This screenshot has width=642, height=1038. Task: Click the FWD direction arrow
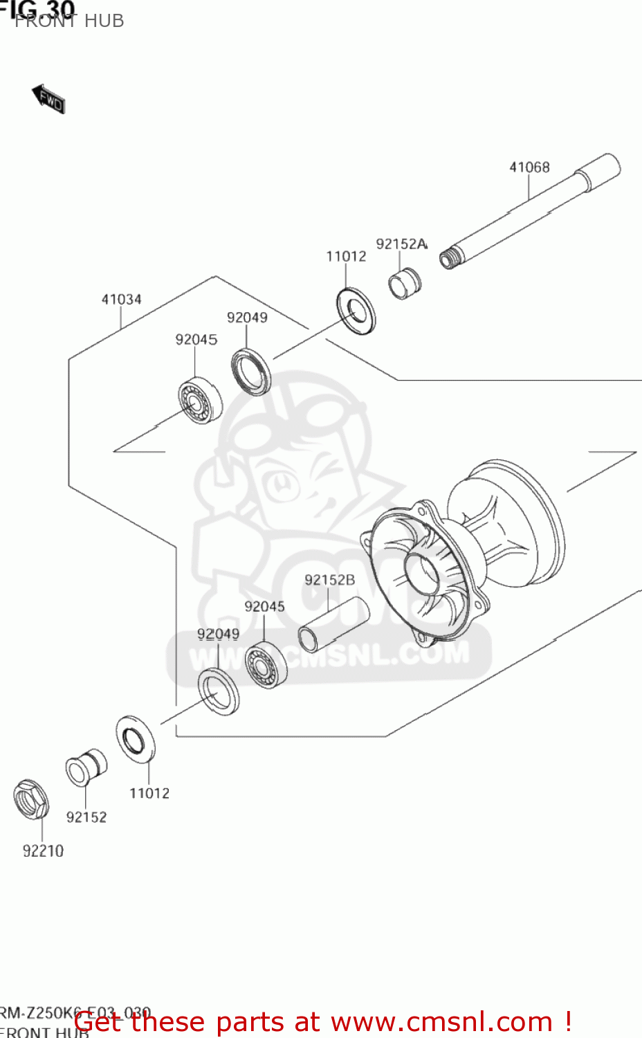(x=48, y=99)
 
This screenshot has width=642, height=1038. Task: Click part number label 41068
(x=529, y=167)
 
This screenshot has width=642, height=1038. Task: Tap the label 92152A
(x=401, y=244)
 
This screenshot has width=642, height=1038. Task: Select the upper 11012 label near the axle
(x=346, y=256)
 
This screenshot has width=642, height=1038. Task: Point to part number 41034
(x=121, y=299)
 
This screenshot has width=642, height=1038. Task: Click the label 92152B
(x=329, y=580)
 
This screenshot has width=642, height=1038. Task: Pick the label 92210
(x=43, y=850)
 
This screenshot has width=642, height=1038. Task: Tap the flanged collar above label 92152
(x=86, y=767)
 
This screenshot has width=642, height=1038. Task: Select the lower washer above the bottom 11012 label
(x=136, y=740)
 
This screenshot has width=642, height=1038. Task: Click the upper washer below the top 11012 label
(x=356, y=311)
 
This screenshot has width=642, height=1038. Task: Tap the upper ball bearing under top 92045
(x=199, y=401)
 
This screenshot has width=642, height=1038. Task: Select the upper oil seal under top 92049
(x=250, y=372)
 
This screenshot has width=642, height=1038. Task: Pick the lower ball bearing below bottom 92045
(x=266, y=664)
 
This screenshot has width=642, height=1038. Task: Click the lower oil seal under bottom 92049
(x=219, y=692)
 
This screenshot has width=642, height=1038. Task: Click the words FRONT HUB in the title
(x=69, y=21)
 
